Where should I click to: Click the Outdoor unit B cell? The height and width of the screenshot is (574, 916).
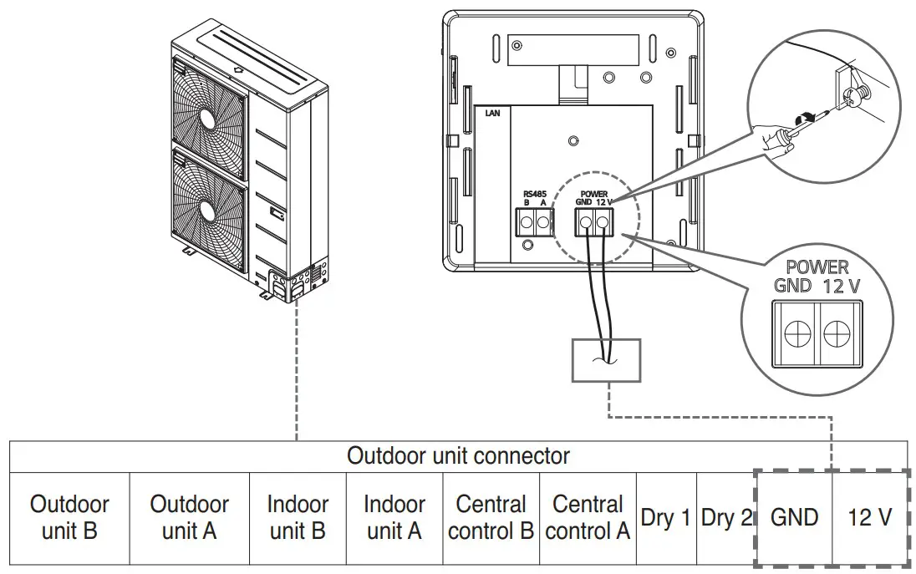(69, 517)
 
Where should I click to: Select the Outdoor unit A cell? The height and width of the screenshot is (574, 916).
(189, 517)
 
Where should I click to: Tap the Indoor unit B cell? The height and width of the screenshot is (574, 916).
(298, 517)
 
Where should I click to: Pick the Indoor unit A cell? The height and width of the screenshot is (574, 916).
(394, 517)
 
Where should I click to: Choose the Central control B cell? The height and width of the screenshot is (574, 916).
(491, 517)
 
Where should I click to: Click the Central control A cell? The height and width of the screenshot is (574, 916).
(588, 517)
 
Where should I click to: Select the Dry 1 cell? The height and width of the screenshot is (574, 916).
(665, 518)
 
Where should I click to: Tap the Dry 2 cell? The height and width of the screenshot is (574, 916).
(725, 518)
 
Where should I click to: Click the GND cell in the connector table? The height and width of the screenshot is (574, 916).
(794, 518)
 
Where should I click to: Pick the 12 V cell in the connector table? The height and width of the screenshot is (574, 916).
(869, 518)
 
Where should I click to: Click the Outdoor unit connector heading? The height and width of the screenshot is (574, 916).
(458, 456)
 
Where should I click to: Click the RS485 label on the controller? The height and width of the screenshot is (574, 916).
(534, 194)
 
